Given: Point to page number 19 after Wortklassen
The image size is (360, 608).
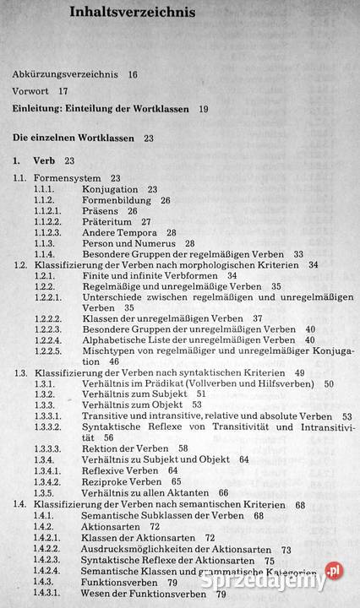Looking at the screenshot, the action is coord(204,108).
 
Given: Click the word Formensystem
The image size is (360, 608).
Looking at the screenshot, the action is coord(67,178).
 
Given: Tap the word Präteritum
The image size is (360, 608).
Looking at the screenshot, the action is coord(108,221).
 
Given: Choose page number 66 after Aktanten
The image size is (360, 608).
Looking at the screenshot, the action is coord(223,492).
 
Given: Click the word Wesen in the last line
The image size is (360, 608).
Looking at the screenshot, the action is coord(99,593).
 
